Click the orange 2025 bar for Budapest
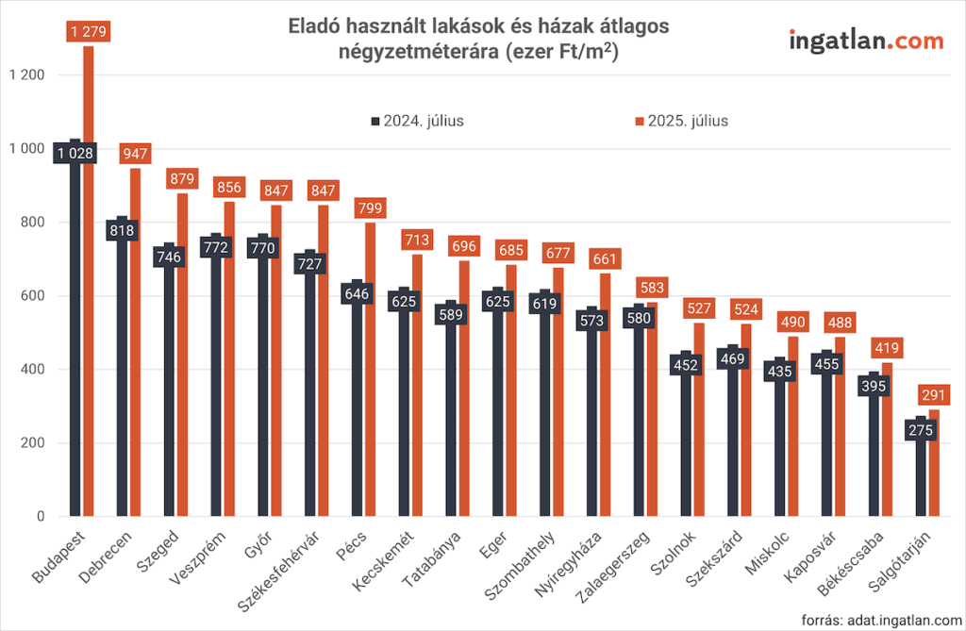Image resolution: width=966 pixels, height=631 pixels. pos(89,283)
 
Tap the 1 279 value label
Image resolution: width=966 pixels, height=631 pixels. pos(89,32)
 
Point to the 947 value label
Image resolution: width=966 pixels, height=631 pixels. pos(136,154)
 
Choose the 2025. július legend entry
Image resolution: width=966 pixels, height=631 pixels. pos(680,121)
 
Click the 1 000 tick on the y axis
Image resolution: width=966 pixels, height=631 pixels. pos(25,149)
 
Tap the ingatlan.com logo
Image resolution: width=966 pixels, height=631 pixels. pos(865,41)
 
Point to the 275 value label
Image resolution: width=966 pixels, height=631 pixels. pos(922,429)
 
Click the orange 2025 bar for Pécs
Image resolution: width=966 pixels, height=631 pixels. pos(371,377)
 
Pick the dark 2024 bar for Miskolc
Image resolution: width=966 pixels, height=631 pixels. pos(780,443)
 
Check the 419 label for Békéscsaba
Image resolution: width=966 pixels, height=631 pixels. pos(887,348)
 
